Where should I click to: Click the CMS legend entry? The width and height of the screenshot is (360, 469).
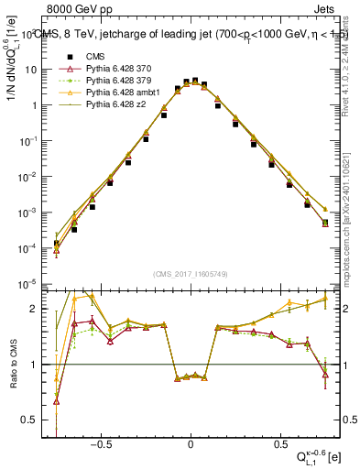click(92, 57)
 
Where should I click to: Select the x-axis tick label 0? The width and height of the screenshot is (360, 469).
click(191, 442)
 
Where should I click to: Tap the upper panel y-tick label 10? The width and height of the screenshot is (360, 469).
click(31, 70)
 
